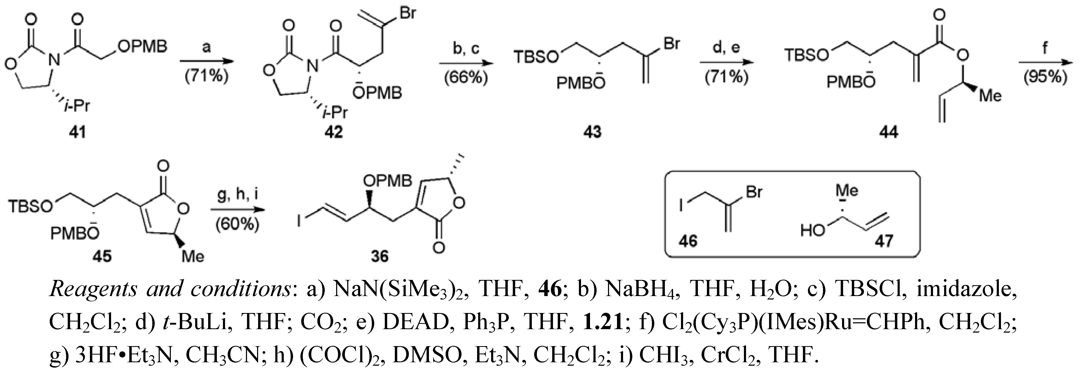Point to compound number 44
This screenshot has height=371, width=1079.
(888, 132)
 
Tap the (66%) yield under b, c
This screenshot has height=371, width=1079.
(466, 78)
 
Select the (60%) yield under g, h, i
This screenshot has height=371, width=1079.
(237, 224)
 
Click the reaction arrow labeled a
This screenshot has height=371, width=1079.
(206, 61)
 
